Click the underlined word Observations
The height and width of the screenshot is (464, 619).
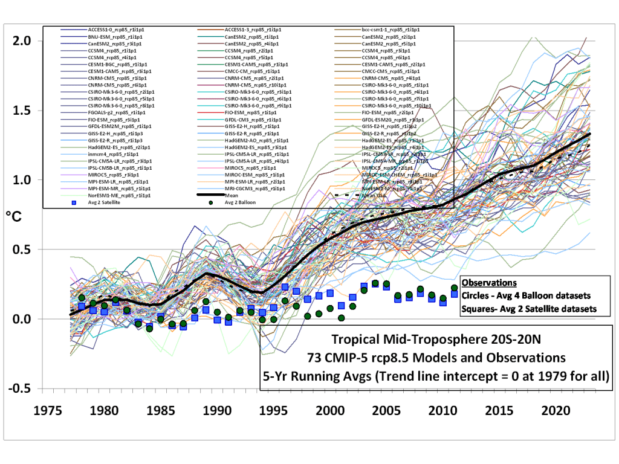coord(488,282)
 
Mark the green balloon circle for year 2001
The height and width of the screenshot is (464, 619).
coord(342,318)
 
